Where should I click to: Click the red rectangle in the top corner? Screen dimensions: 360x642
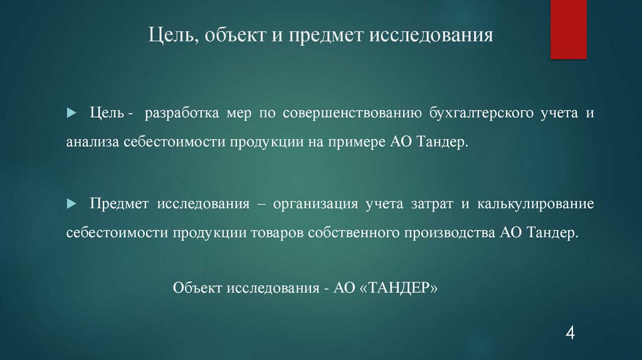[x=568, y=29]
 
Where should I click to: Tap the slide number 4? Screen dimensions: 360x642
[x=570, y=332]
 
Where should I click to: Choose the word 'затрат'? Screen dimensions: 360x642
[x=431, y=205]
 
